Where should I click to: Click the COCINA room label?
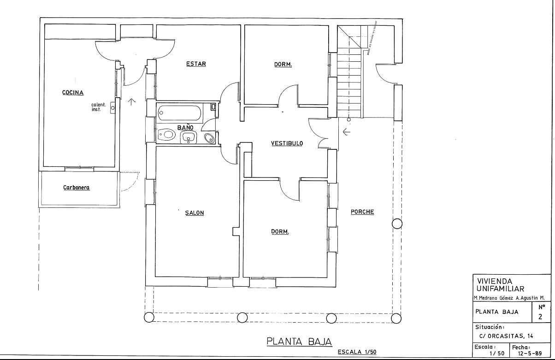[73, 92]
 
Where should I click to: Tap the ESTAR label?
[196, 64]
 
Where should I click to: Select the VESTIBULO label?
[287, 143]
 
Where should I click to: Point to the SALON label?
[195, 212]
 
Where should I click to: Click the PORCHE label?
[362, 212]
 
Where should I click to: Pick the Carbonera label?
[77, 188]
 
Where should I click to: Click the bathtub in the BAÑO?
[179, 113]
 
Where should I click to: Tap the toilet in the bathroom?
[167, 135]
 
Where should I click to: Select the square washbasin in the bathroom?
[189, 137]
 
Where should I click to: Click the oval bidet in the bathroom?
[210, 138]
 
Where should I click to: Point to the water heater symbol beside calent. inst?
[113, 108]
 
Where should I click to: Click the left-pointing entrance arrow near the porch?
[346, 132]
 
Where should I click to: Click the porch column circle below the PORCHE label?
[397, 224]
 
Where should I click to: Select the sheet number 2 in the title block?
[540, 317]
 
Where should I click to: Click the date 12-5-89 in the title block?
[530, 354]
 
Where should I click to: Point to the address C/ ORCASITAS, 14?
[506, 336]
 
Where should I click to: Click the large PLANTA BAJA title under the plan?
[299, 342]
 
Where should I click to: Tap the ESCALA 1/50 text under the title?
[357, 352]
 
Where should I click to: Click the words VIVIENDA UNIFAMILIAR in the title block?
[501, 285]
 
